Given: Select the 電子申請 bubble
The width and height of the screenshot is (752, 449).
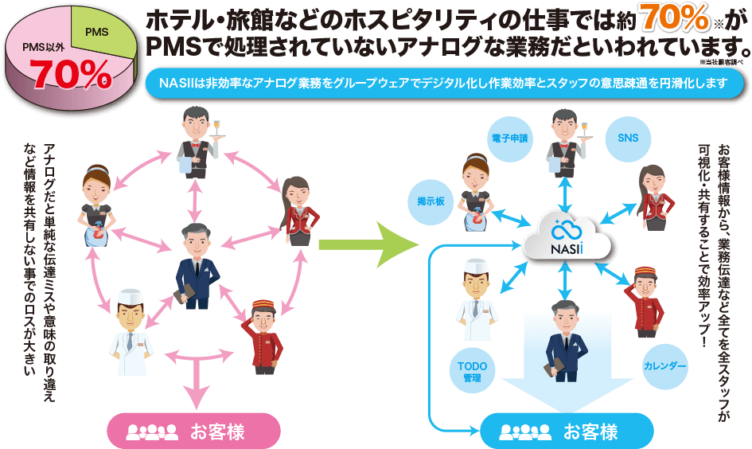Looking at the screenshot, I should coord(508,138).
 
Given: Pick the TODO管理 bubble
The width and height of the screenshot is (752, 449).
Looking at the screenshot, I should coord(472,372).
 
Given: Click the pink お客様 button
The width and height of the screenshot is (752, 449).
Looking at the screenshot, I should coord(193,432).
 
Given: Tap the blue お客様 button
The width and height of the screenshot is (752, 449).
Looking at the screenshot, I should coord(567,432).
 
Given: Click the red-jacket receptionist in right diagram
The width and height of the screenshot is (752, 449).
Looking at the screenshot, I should coord(652,198).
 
